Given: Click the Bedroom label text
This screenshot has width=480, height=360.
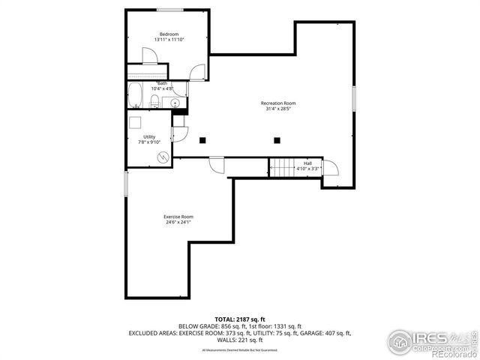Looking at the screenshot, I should [169, 33].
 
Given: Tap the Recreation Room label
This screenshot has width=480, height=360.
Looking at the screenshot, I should [278, 103].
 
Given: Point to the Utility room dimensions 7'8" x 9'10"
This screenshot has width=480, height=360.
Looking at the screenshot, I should [150, 142].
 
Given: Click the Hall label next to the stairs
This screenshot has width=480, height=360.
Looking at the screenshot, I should [307, 163].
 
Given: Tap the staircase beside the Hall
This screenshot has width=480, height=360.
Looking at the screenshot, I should [280, 168].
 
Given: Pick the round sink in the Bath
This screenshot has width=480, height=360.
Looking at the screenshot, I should [175, 103].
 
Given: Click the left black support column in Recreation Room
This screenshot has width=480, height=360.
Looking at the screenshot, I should [202, 139].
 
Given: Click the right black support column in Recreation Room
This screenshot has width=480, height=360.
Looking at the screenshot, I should [277, 139].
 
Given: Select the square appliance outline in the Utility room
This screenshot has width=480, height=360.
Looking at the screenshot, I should [136, 124].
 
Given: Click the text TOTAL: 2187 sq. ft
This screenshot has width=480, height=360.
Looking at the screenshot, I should [240, 319].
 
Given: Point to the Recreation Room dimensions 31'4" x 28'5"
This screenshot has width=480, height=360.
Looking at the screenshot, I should [278, 109].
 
